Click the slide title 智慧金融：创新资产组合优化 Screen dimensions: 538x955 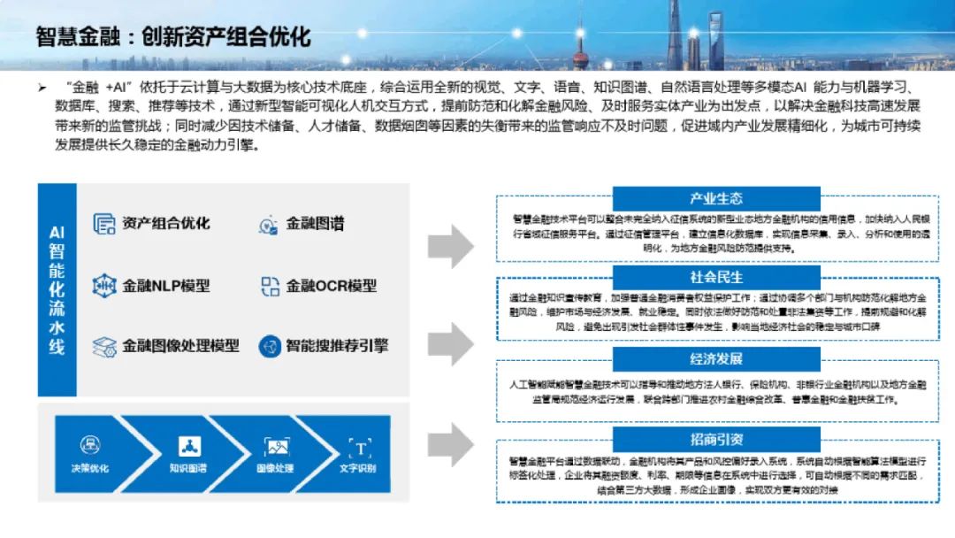tap(172, 37)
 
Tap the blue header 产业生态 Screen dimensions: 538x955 tap(715, 199)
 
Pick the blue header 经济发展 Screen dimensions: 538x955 tap(715, 358)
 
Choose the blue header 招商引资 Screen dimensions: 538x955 tap(715, 438)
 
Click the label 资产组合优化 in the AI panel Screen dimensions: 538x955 tap(166, 223)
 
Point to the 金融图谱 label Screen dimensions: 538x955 tap(315, 224)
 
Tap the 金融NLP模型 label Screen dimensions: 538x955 tap(166, 286)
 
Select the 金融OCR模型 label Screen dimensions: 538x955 tap(331, 286)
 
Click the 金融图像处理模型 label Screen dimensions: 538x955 tap(180, 346)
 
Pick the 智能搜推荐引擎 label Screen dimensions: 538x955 tap(336, 346)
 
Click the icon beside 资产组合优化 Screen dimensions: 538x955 tap(104, 224)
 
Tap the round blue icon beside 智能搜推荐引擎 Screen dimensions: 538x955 tap(270, 346)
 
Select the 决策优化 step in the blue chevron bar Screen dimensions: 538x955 tap(90, 457)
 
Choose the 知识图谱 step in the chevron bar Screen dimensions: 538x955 tap(187, 457)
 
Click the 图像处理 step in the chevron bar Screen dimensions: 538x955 tap(276, 457)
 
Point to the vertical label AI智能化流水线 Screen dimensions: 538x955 tap(57, 289)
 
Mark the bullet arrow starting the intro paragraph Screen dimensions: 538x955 tap(41, 88)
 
